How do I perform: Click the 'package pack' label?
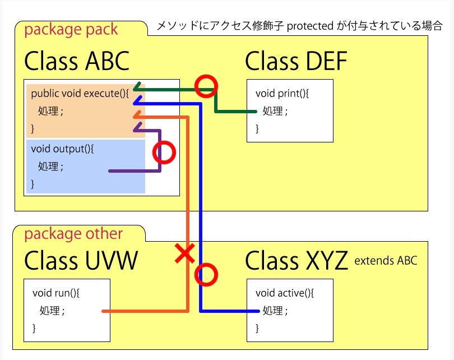pyautogui.click(x=71, y=30)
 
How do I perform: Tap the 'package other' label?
pyautogui.click(x=73, y=234)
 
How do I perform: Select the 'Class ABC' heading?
pyautogui.click(x=77, y=61)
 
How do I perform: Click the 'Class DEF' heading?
pyautogui.click(x=296, y=61)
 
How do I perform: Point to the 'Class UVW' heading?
pyautogui.click(x=81, y=260)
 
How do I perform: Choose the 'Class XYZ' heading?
pyautogui.click(x=296, y=260)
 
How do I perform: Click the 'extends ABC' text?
pyautogui.click(x=386, y=261)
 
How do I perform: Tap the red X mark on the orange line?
pyautogui.click(x=185, y=253)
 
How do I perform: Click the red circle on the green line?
pyautogui.click(x=206, y=86)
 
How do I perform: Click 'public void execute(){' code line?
pyautogui.click(x=80, y=94)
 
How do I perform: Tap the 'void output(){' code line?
pyautogui.click(x=62, y=149)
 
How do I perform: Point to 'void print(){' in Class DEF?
pyautogui.click(x=282, y=94)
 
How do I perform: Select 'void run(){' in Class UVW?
pyautogui.click(x=56, y=293)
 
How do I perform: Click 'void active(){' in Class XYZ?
pyautogui.click(x=285, y=293)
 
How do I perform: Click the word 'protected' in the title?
pyautogui.click(x=310, y=26)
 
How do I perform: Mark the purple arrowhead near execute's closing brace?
pyautogui.click(x=138, y=127)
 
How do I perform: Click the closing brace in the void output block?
pyautogui.click(x=33, y=184)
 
